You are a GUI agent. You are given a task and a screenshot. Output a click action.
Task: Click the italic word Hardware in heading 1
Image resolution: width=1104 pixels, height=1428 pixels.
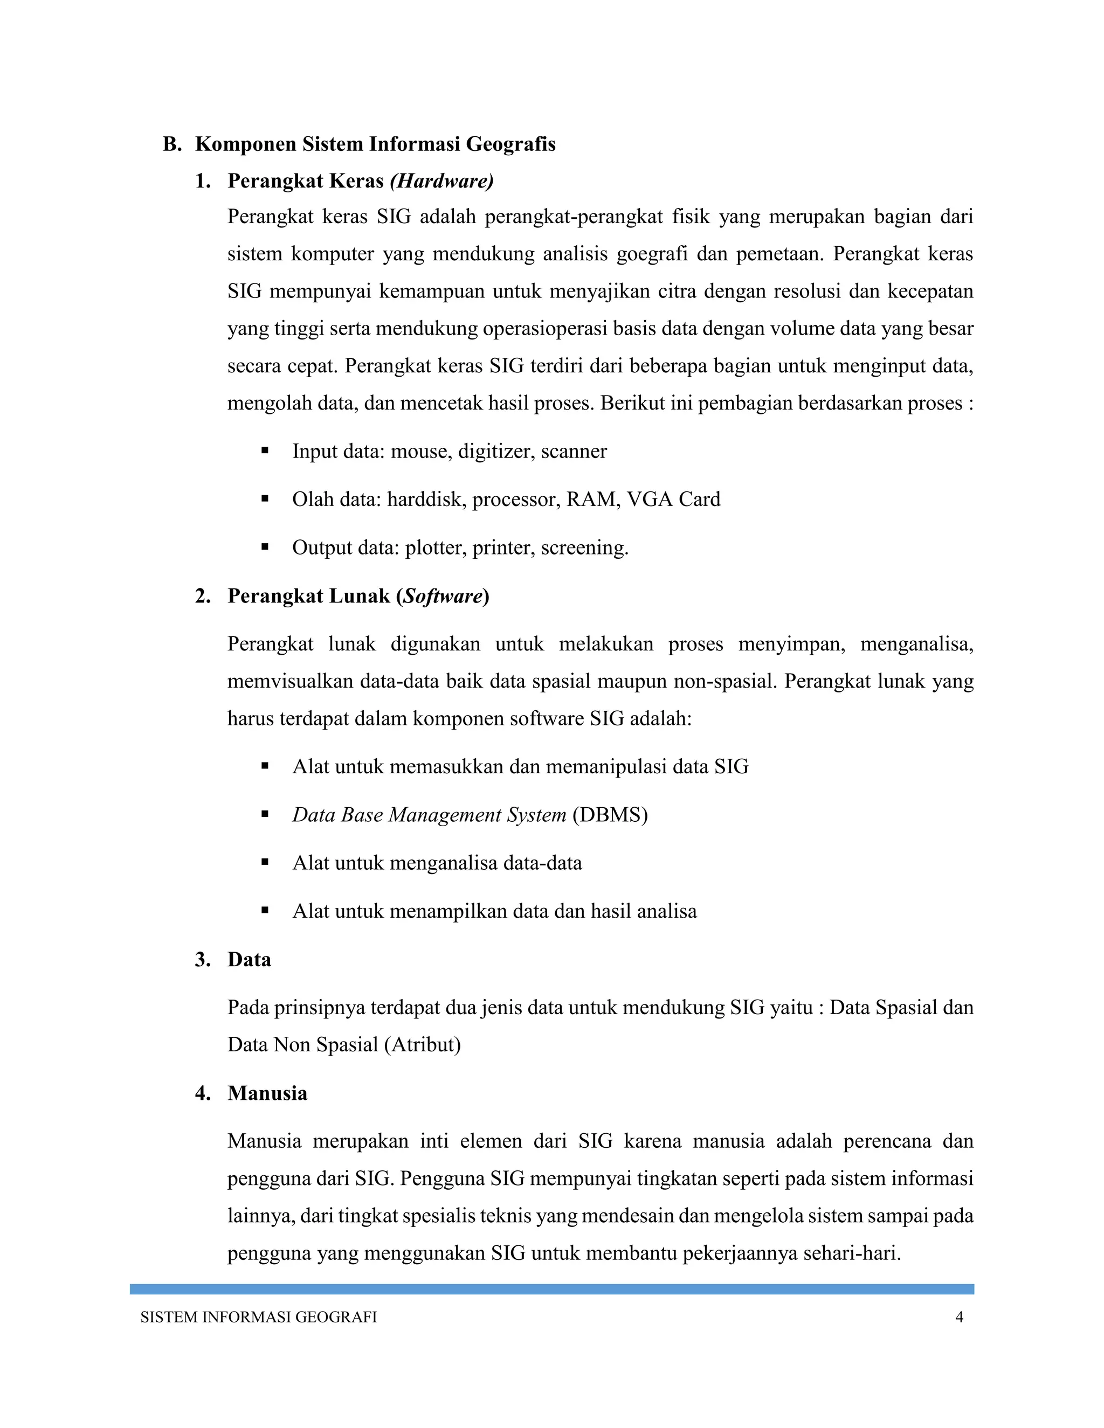pos(441,181)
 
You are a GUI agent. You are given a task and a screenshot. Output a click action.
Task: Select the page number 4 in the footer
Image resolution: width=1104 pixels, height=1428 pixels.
pos(959,1317)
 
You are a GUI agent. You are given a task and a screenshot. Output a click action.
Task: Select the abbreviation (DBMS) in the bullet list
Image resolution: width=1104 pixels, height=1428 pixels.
pos(610,815)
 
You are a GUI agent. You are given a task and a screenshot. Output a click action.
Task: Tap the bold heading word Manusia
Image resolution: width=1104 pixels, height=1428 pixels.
pos(267,1093)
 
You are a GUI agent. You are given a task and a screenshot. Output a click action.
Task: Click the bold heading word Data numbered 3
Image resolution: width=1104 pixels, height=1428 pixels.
pos(249,959)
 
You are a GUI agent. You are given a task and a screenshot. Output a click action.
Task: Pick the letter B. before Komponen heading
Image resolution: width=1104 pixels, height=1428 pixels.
pos(171,144)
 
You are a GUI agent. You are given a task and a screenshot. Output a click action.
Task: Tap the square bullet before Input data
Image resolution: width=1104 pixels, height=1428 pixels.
pos(265,450)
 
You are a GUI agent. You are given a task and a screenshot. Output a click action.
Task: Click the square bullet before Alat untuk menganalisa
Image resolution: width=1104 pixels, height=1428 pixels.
pos(265,862)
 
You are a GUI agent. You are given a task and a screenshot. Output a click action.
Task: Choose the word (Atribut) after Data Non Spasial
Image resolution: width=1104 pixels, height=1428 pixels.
pos(423,1044)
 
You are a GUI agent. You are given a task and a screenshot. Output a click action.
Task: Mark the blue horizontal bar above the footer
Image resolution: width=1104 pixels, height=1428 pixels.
pos(551,1289)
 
